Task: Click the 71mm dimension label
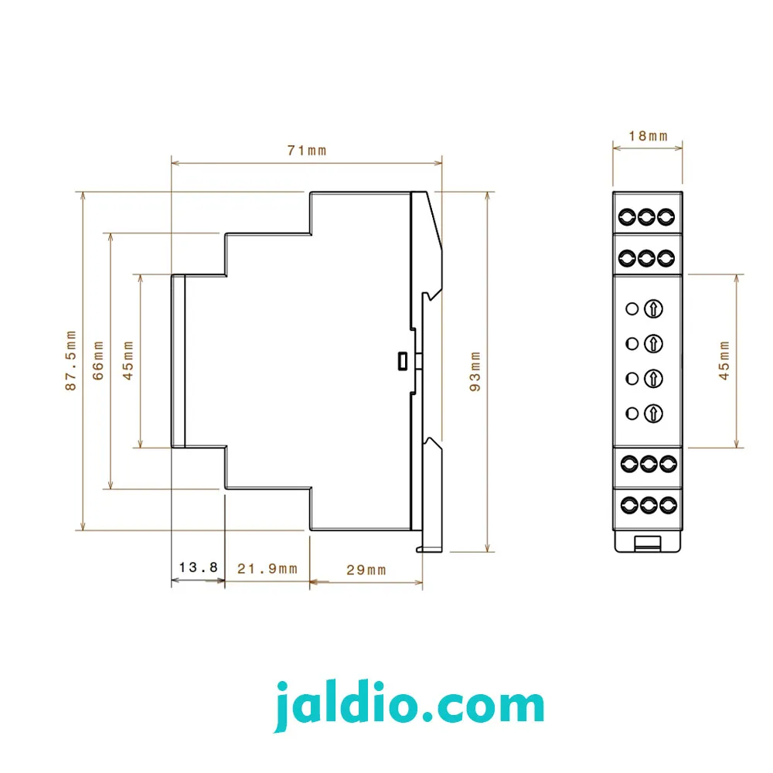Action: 307,151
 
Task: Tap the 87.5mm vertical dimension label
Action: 71,360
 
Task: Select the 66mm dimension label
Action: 99,360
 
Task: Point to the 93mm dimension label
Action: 475,372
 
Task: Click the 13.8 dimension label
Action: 198,567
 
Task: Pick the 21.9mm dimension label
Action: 267,569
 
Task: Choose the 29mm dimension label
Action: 366,570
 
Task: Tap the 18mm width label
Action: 648,136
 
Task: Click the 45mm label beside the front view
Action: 724,360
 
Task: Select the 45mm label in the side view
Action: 128,360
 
